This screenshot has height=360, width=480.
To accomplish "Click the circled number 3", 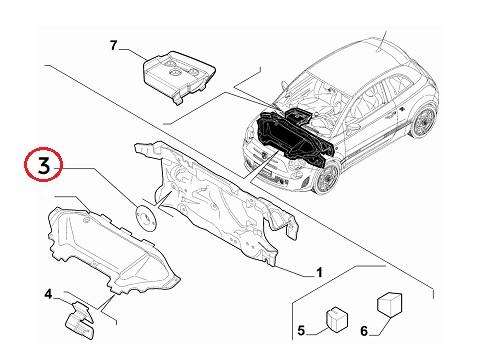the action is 44,166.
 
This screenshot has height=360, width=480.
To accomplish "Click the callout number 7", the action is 114,45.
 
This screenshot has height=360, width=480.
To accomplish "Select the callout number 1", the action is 319,272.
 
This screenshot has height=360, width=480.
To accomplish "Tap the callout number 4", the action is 49,294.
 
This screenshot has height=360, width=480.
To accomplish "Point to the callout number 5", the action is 301,331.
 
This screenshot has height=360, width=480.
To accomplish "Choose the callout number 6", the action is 364,331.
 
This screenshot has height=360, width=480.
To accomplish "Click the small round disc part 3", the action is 146,217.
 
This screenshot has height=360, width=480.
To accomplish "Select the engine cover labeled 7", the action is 179,76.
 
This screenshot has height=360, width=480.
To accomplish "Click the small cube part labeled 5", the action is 336,320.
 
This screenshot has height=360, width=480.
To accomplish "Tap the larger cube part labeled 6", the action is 389,304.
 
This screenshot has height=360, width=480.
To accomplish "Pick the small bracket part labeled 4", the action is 80,321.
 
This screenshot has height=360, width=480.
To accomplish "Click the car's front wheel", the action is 326,178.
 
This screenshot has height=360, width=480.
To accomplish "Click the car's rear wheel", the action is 422,121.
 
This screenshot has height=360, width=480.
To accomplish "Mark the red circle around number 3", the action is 43,164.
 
